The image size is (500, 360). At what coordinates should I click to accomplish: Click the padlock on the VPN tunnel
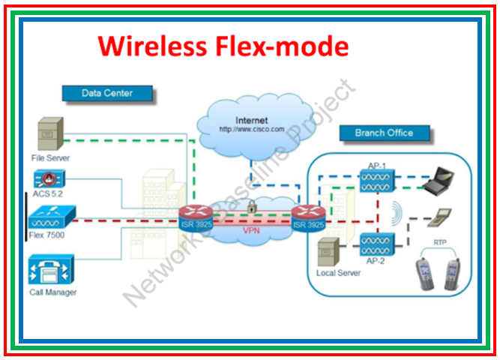click(253, 204)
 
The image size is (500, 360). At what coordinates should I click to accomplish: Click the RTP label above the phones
click(440, 243)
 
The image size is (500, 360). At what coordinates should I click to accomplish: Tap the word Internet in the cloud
click(251, 120)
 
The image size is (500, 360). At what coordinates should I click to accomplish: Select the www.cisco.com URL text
click(251, 129)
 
